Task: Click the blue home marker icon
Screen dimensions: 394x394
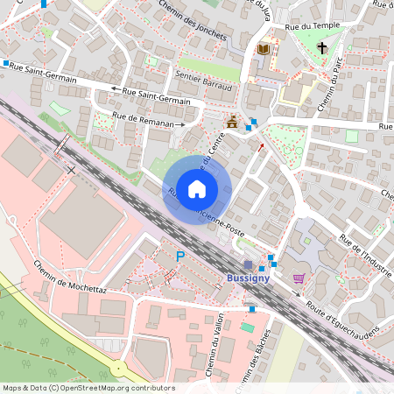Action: [197, 188]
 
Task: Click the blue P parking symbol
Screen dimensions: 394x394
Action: [180, 257]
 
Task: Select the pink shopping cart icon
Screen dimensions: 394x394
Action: [299, 278]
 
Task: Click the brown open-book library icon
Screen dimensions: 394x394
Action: [263, 49]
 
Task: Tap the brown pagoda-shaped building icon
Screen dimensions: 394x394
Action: [233, 123]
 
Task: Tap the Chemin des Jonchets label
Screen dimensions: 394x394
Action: [193, 19]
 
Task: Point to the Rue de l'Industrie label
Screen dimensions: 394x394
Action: [367, 253]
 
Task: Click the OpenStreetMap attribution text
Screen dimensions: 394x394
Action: [88, 387]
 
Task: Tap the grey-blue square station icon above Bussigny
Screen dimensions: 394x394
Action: [249, 264]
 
